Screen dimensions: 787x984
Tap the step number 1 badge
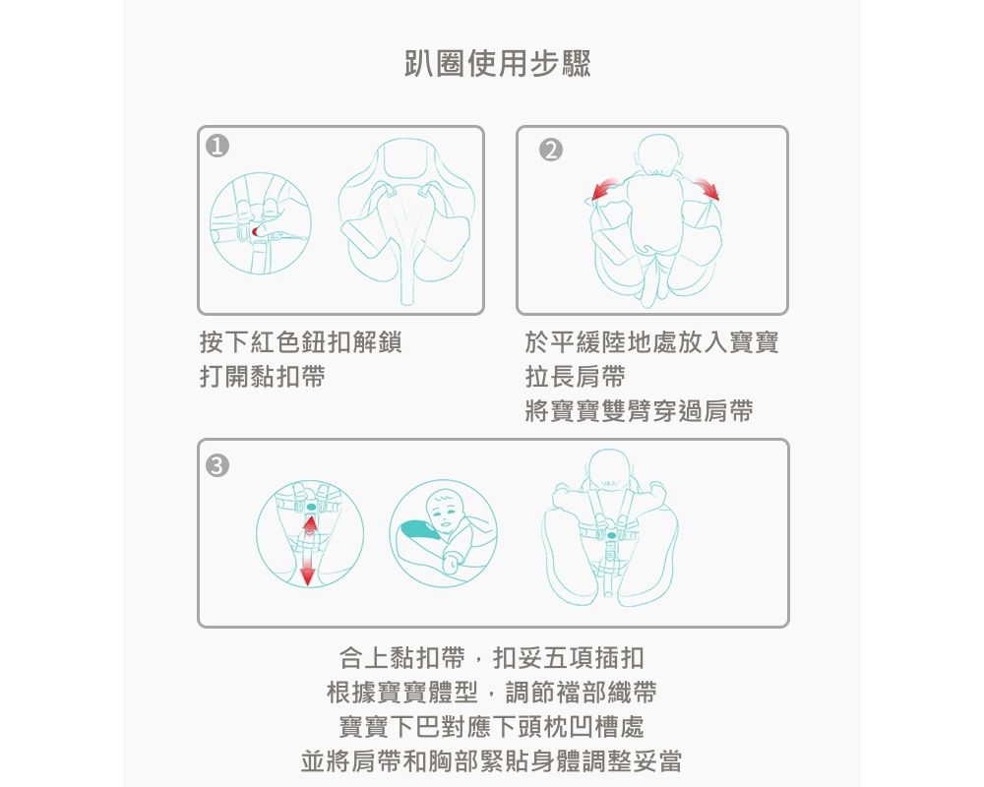(x=217, y=148)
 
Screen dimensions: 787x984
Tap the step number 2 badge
(x=550, y=150)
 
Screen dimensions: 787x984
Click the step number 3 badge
(x=216, y=463)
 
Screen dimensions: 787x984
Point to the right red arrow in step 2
(x=706, y=188)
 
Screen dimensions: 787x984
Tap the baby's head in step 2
(x=653, y=153)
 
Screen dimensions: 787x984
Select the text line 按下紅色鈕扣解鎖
(x=300, y=343)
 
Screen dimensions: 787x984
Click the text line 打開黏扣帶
(x=262, y=377)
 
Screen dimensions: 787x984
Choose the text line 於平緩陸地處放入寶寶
(x=652, y=343)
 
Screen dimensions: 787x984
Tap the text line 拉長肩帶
(x=576, y=377)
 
